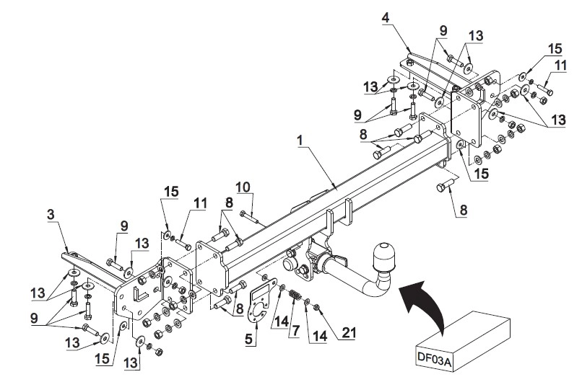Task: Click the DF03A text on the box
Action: pyautogui.click(x=434, y=359)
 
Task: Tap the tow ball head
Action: pyautogui.click(x=382, y=256)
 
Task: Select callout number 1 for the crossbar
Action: pyautogui.click(x=300, y=141)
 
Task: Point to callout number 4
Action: pyautogui.click(x=386, y=17)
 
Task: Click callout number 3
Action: pyautogui.click(x=51, y=214)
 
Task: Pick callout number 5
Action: pyautogui.click(x=248, y=339)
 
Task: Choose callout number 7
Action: pyautogui.click(x=295, y=331)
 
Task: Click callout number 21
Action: pyautogui.click(x=349, y=332)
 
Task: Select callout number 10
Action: pyautogui.click(x=243, y=188)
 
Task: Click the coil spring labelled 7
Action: pyautogui.click(x=295, y=296)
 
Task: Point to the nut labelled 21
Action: pyautogui.click(x=317, y=307)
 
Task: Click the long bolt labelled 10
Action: pyautogui.click(x=249, y=217)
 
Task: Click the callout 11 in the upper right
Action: pyautogui.click(x=561, y=66)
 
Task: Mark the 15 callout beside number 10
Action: pyautogui.click(x=171, y=192)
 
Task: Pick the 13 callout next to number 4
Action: pyautogui.click(x=475, y=35)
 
